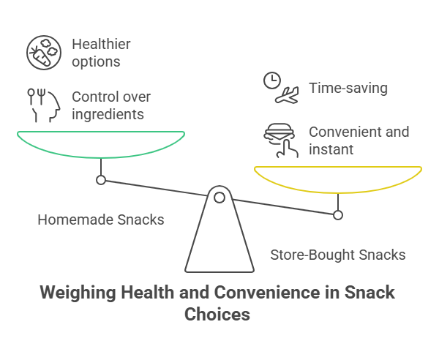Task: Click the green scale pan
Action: [x=100, y=144]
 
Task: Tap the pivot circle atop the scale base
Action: [x=219, y=196]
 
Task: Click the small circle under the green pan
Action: [x=101, y=180]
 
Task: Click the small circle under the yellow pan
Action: [x=337, y=215]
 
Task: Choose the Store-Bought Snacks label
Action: [x=338, y=255]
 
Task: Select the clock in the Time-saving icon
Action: [x=271, y=80]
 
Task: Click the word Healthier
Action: [x=101, y=45]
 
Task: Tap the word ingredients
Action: [x=108, y=113]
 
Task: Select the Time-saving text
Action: [x=348, y=89]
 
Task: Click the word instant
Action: [x=331, y=149]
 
